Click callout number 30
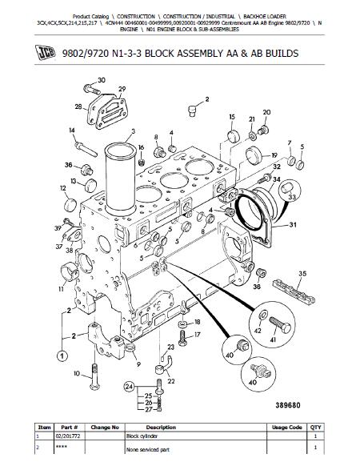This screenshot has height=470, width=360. (101, 80)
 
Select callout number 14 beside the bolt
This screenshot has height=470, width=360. (72, 130)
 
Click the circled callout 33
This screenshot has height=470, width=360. (292, 197)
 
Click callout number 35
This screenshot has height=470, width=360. (302, 274)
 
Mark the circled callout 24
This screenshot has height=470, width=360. (126, 388)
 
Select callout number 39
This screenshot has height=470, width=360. (58, 228)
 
